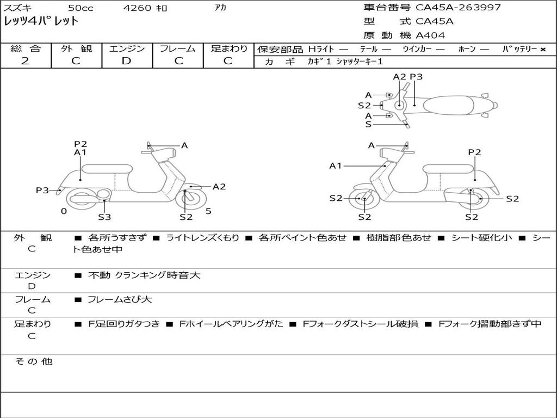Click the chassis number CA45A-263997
click(x=458, y=8)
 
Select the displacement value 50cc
click(x=80, y=8)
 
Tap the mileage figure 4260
click(x=137, y=8)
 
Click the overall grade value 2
click(x=25, y=61)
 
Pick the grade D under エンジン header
click(x=126, y=61)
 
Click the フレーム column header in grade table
click(x=178, y=48)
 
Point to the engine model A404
click(x=430, y=35)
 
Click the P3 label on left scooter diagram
click(x=42, y=190)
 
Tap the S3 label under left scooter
click(x=104, y=217)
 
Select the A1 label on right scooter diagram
click(x=336, y=165)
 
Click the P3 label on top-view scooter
click(x=416, y=77)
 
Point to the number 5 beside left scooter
click(x=208, y=211)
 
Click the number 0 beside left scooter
click(x=64, y=211)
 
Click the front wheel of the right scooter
click(x=364, y=199)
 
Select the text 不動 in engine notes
click(x=98, y=275)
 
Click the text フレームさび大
click(x=120, y=299)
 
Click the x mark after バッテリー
click(x=542, y=49)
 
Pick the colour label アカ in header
click(x=220, y=8)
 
